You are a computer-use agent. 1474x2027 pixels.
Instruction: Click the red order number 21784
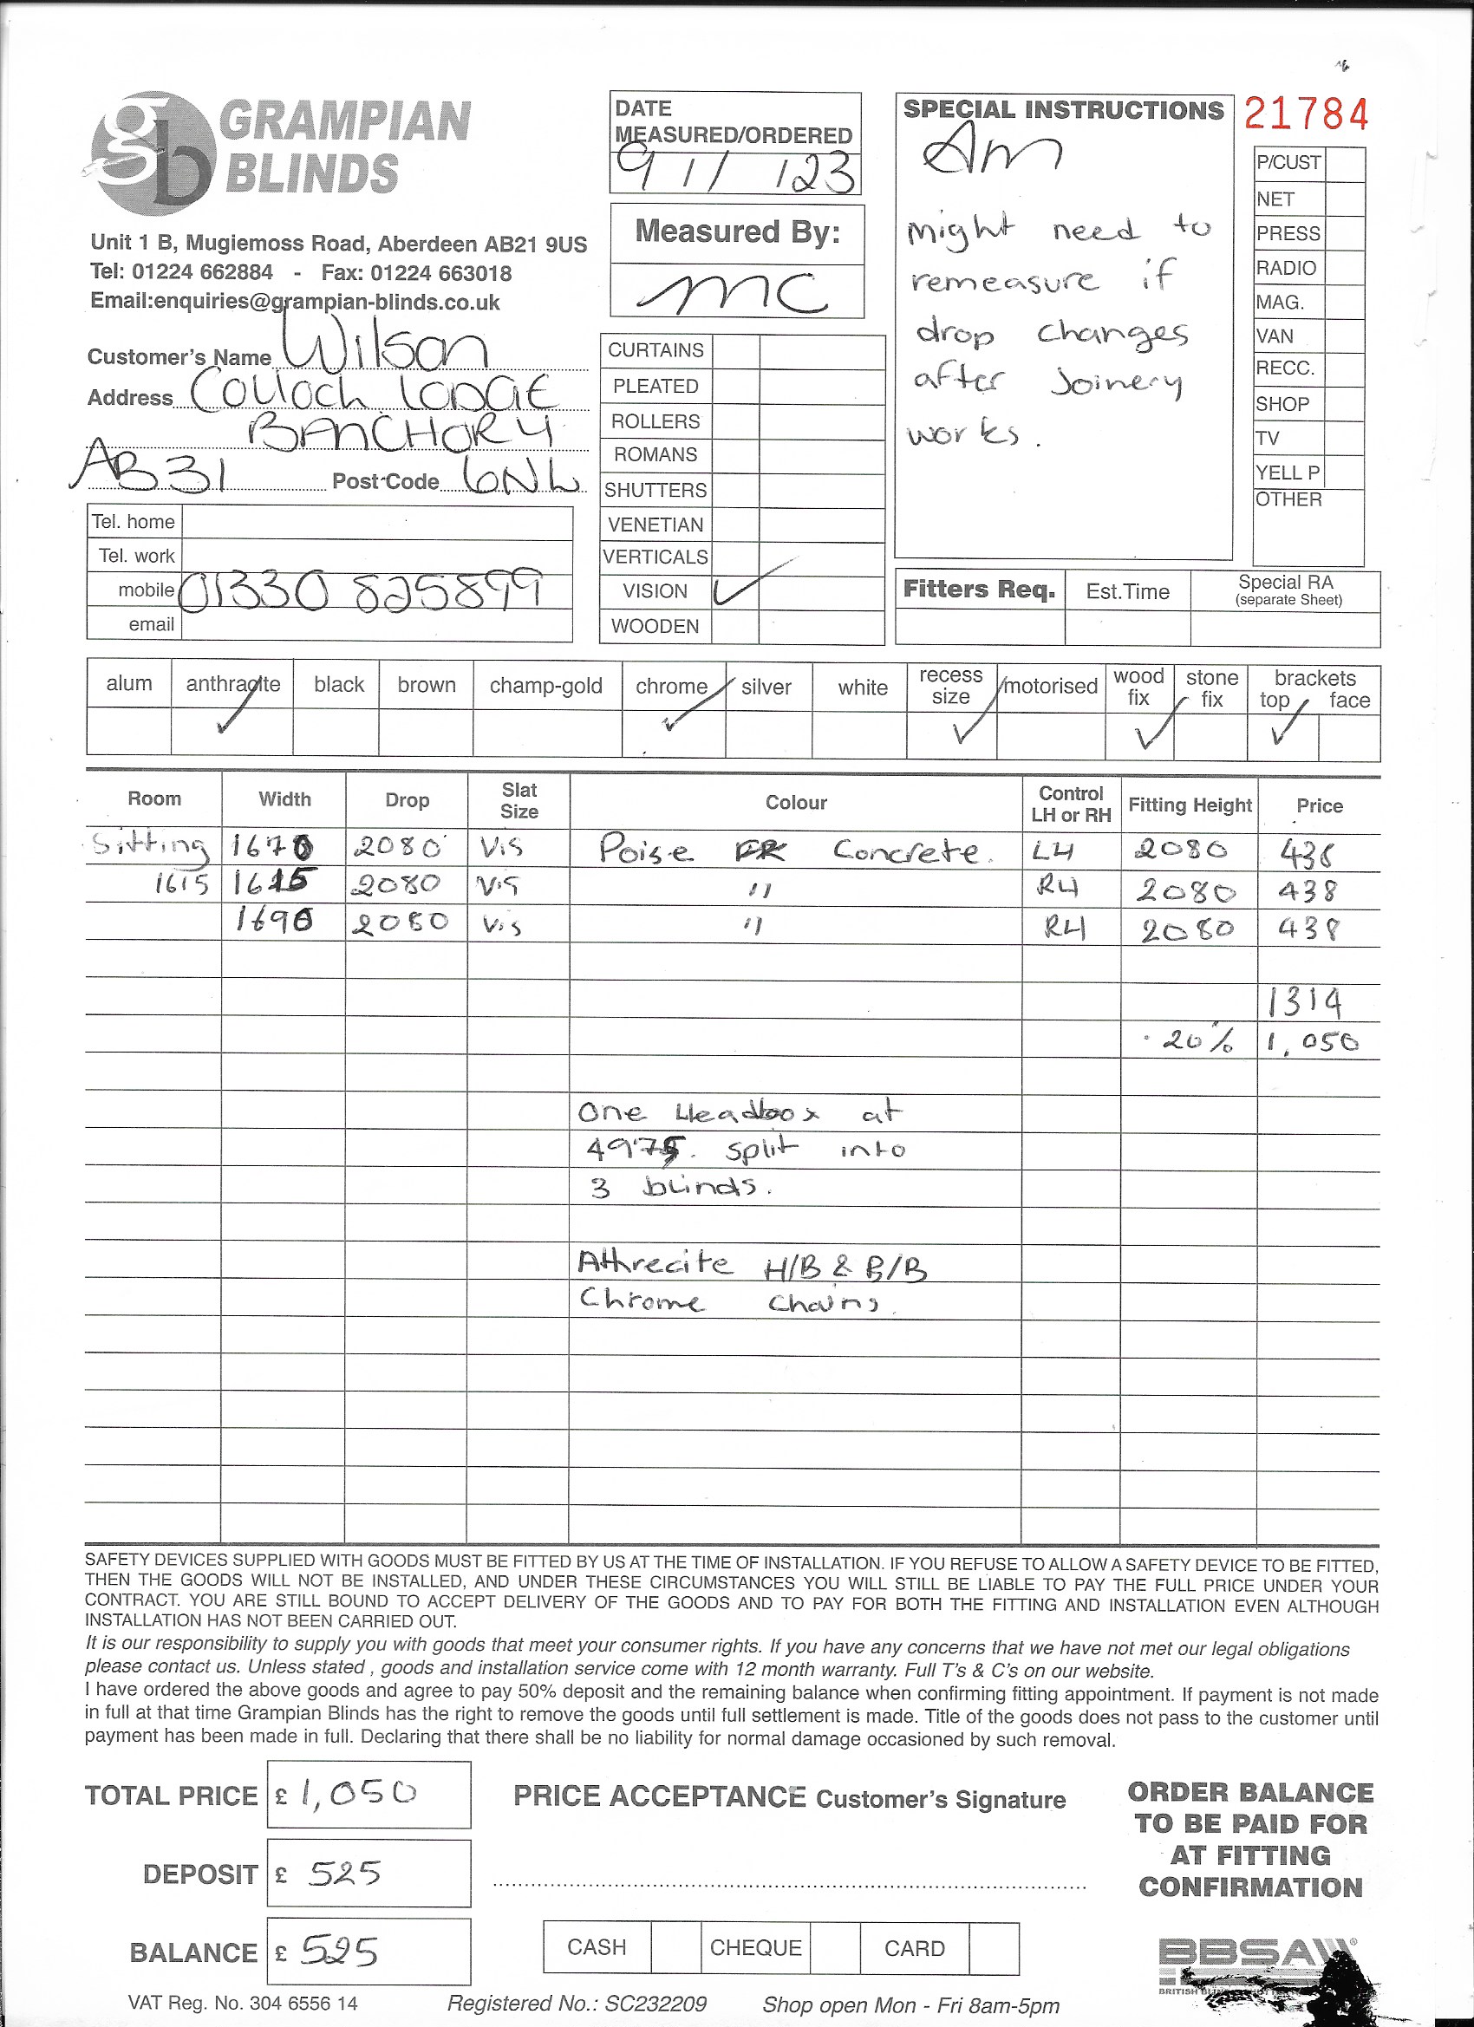(1306, 115)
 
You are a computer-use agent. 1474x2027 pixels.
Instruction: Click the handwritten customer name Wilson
(385, 347)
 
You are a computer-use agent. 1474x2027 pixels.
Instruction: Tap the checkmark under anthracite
(233, 715)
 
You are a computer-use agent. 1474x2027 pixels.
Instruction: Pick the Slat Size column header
(519, 800)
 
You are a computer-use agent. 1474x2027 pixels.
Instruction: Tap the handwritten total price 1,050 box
(368, 1793)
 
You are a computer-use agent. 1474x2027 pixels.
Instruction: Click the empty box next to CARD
(993, 1948)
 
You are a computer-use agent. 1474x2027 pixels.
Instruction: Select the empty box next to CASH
(675, 1948)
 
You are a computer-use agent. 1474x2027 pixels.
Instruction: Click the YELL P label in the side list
(1288, 472)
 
